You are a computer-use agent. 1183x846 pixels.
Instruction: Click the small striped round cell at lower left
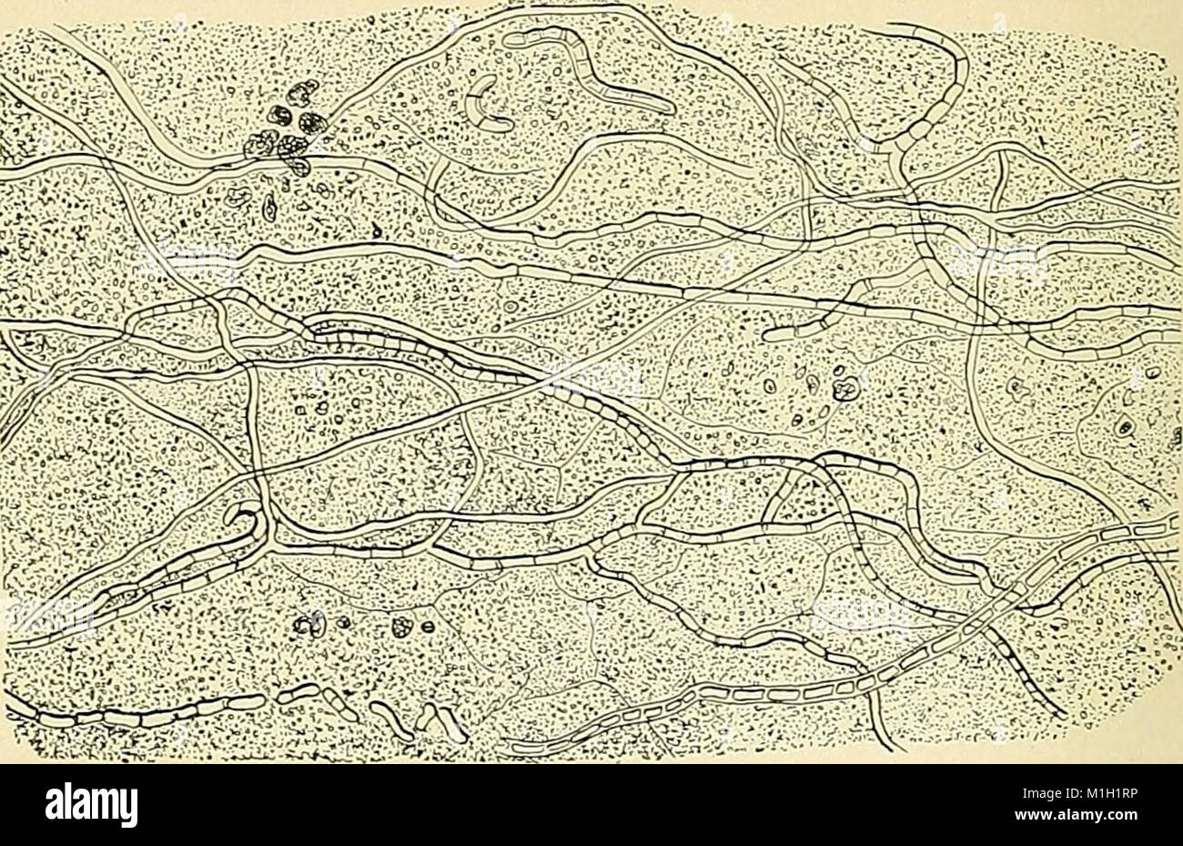pyautogui.click(x=426, y=626)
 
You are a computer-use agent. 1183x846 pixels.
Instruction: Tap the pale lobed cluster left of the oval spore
pyautogui.click(x=238, y=195)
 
